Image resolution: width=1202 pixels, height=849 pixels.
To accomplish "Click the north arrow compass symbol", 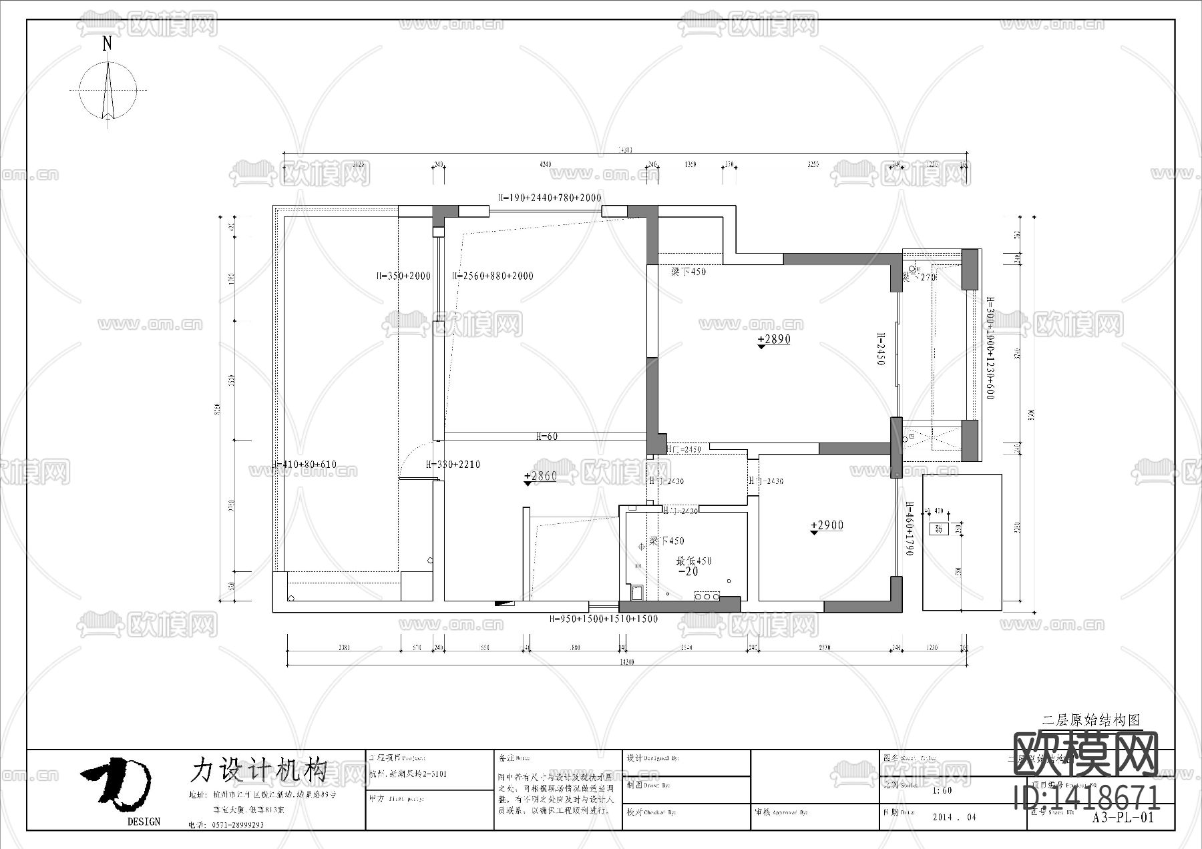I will [108, 90].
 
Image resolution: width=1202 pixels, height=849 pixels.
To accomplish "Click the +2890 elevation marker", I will [774, 340].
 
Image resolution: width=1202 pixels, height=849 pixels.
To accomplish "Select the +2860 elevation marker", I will [540, 477].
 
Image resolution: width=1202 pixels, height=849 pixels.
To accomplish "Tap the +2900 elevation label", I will [827, 526].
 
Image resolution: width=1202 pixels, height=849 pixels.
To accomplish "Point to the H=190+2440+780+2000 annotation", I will [549, 198].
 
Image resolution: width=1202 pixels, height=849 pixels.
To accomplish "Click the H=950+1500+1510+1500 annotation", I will [603, 619].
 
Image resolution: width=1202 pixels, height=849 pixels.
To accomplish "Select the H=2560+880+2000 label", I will [493, 276].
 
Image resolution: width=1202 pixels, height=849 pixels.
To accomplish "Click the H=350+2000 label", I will [403, 276].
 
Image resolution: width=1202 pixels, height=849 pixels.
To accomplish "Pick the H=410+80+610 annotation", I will [306, 465].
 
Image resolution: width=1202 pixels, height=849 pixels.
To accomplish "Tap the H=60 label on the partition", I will [547, 437].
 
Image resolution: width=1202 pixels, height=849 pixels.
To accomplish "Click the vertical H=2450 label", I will [881, 349].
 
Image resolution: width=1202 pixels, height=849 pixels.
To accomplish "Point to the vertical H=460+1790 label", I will [909, 529].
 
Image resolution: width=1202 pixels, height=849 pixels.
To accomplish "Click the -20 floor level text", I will [688, 572].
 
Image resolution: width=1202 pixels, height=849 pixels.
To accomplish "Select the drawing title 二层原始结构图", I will [1091, 720].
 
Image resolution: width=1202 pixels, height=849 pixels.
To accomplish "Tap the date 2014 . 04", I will [954, 817].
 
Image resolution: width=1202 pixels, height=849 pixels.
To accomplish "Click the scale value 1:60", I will [942, 790].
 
